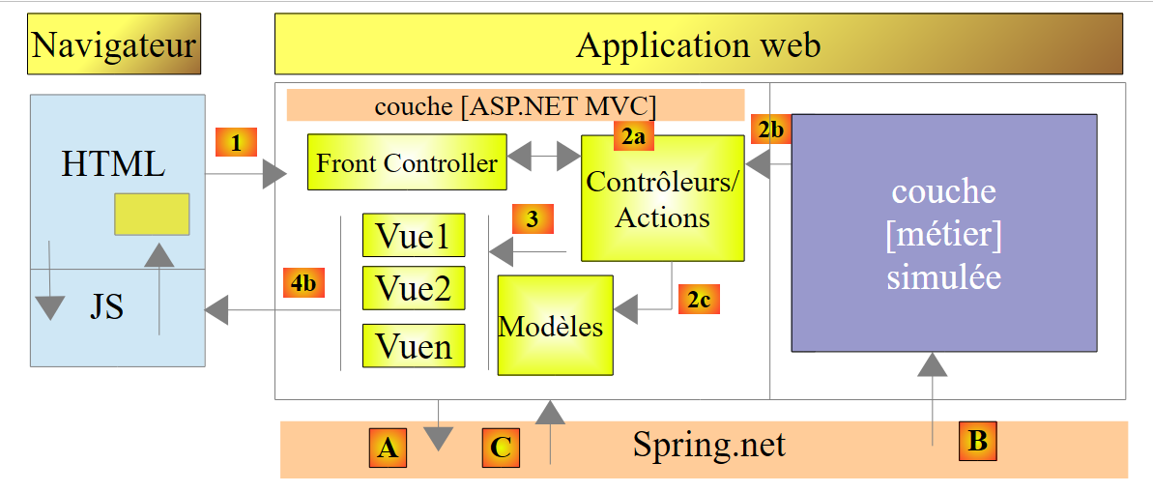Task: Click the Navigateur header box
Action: click(113, 44)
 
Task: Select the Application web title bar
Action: click(698, 44)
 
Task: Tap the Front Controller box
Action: click(407, 162)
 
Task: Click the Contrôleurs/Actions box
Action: click(662, 198)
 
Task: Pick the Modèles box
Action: click(555, 325)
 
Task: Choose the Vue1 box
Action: click(413, 235)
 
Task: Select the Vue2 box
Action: click(413, 289)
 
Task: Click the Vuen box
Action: click(413, 345)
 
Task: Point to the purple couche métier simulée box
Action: click(943, 233)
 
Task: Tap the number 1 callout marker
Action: click(236, 143)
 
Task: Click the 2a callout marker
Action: click(632, 136)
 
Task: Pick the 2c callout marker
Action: click(699, 300)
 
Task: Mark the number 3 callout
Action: click(533, 218)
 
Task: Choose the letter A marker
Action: click(387, 448)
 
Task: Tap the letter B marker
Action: click(977, 441)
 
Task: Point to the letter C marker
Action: click(501, 448)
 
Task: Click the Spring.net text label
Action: click(708, 446)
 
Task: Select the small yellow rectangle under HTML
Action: click(152, 214)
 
